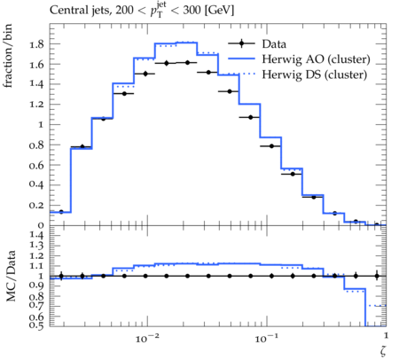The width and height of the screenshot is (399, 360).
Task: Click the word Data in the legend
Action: [274, 44]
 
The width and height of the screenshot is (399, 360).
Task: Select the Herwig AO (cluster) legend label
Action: [316, 59]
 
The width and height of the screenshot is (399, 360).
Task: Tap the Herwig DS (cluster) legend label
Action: [315, 74]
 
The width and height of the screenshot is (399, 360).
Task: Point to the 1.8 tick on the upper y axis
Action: [36, 44]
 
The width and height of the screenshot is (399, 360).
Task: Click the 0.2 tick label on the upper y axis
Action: [36, 205]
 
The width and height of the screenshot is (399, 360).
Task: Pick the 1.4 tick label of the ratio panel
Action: [36, 236]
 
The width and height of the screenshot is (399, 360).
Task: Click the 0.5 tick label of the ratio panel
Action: [36, 325]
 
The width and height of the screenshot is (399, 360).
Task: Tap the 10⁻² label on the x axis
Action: [147, 338]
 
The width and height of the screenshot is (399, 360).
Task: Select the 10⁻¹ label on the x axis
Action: [266, 338]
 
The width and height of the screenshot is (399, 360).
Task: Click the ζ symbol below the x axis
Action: [383, 350]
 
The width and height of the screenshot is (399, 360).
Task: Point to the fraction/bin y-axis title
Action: [8, 56]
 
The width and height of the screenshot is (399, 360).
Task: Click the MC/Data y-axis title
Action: [11, 276]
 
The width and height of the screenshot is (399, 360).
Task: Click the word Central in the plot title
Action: [65, 11]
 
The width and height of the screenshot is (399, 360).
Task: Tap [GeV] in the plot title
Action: [219, 11]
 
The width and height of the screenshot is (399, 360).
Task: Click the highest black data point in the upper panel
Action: [187, 63]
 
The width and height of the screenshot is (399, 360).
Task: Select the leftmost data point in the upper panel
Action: [61, 212]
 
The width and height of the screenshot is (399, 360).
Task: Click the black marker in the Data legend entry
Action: [241, 43]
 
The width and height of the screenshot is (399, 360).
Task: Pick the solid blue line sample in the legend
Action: [241, 59]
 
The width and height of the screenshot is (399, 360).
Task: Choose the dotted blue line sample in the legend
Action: [241, 74]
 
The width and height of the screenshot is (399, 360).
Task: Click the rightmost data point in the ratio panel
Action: [377, 276]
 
